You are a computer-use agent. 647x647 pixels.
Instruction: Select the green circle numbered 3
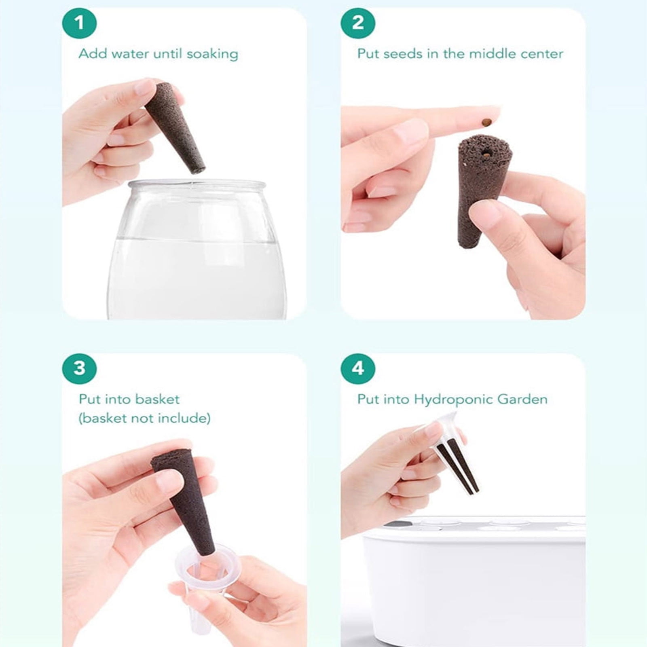coord(79,368)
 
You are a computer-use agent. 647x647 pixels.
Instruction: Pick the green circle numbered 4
coord(358,368)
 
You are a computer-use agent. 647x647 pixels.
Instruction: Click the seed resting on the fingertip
coord(486,121)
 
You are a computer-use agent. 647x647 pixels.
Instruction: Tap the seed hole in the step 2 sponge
coord(485,153)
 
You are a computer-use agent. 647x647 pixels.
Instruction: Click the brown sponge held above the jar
coord(175,128)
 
